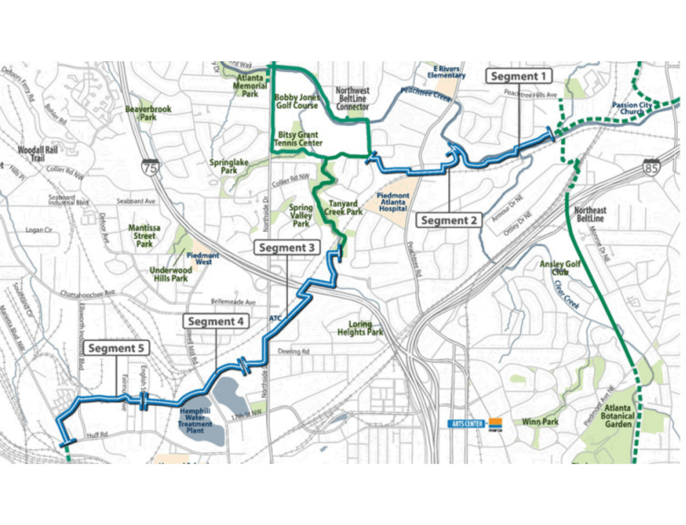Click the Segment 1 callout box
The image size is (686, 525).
(518, 76)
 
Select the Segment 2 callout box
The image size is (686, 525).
(448, 220)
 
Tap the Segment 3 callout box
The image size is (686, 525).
(287, 247)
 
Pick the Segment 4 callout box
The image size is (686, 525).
(216, 321)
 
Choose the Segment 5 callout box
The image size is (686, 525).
(116, 348)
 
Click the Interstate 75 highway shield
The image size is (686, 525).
(150, 167)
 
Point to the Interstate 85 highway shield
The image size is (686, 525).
(651, 167)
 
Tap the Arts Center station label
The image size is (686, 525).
(467, 424)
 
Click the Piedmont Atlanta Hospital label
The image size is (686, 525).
(393, 202)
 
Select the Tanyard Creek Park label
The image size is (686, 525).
(343, 208)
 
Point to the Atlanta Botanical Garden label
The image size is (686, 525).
(617, 416)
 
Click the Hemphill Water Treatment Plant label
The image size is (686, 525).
(195, 420)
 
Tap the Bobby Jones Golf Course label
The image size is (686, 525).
(297, 102)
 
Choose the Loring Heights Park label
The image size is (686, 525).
(360, 328)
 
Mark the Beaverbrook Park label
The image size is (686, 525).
(148, 113)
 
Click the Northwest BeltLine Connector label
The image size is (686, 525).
(353, 98)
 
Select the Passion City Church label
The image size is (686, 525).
(632, 108)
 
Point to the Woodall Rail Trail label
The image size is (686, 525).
(37, 154)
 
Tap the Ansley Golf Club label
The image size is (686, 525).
(560, 267)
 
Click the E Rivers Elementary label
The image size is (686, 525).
(446, 72)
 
